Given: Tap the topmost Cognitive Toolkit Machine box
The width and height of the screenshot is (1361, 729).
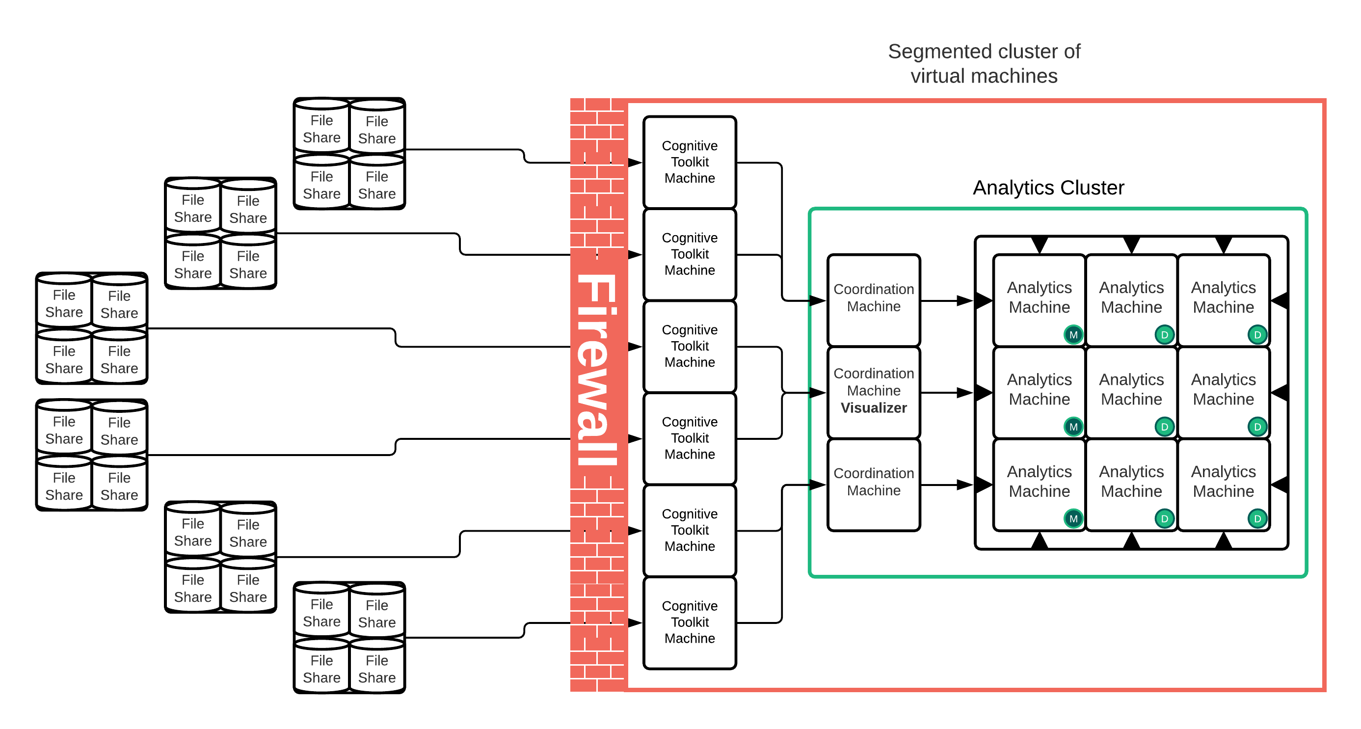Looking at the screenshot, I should click(690, 162).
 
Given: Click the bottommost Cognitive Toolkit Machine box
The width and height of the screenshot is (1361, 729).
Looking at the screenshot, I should click(690, 622).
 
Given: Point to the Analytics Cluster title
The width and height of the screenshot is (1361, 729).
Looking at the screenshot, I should click(1048, 188).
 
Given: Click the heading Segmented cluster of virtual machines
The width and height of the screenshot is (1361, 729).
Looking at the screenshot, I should click(984, 63).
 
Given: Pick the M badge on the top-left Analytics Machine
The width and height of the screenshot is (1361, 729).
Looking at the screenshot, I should click(1073, 334).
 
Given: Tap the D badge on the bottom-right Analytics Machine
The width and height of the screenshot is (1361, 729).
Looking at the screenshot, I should click(1257, 518).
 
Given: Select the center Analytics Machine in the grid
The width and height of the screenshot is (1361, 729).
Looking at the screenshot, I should click(1131, 390).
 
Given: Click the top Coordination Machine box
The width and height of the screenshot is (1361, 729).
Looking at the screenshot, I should click(873, 299).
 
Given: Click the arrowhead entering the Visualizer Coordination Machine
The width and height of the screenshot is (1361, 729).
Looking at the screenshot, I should click(817, 393).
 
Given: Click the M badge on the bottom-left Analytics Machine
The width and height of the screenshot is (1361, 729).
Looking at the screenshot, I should click(1073, 518).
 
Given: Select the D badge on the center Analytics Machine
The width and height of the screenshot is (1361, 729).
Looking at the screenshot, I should click(1165, 426).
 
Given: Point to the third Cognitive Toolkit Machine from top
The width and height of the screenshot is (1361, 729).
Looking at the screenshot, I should click(690, 346).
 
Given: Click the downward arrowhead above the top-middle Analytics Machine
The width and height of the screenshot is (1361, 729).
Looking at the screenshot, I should click(1131, 245).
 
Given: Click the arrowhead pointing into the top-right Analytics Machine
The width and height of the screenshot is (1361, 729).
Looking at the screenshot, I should click(1280, 300).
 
